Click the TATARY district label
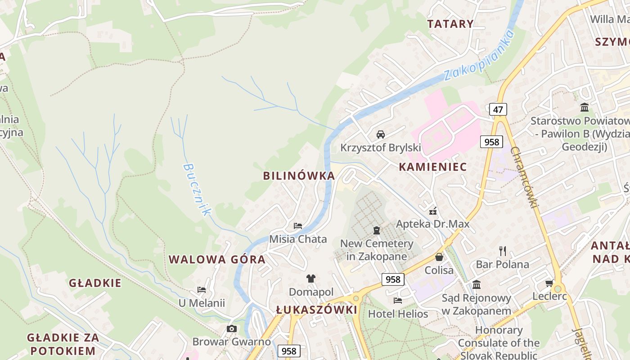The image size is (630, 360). (x=450, y=24)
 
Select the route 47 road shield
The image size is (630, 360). (x=498, y=109)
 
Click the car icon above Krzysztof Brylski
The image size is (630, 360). (x=381, y=134)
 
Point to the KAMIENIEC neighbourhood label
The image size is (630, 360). (x=432, y=167)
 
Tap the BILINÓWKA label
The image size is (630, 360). (x=299, y=176)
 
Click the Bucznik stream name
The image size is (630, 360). (x=197, y=189)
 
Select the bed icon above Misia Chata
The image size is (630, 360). (x=298, y=225)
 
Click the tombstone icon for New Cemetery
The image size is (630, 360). (x=377, y=230)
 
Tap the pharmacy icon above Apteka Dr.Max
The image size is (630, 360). (x=433, y=211)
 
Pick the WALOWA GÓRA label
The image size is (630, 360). (x=216, y=260)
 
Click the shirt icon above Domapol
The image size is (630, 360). (x=311, y=278)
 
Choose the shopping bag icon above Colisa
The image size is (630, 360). (x=439, y=257)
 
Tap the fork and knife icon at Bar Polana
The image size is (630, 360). (x=503, y=251)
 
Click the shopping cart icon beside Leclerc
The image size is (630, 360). (x=549, y=283)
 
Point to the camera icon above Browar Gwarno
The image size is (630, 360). (x=232, y=328)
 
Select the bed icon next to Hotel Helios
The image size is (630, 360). (x=398, y=300)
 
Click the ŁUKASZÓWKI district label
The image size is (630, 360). (x=316, y=310)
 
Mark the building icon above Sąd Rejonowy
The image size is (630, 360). (x=477, y=284)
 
